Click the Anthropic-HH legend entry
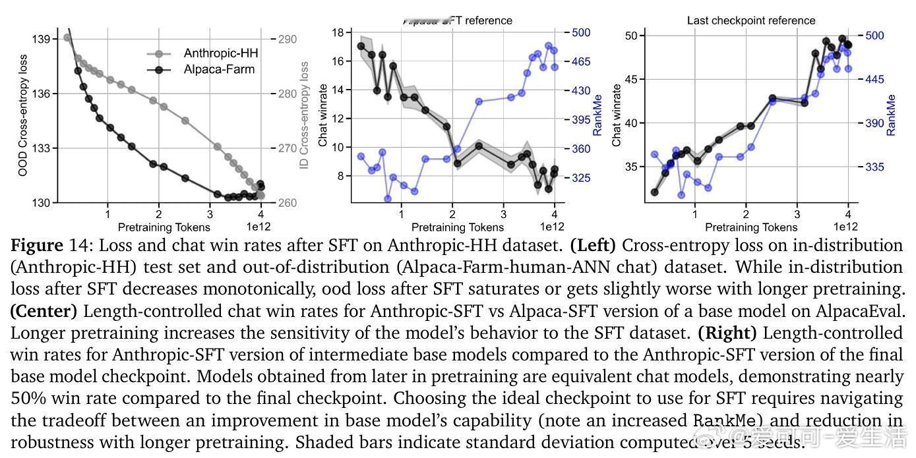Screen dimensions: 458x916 click(220, 53)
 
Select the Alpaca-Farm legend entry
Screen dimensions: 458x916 click(219, 69)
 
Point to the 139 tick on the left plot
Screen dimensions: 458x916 click(41, 39)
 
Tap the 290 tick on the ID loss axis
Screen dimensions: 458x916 click(287, 39)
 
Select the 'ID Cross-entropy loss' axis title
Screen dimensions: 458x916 click(305, 116)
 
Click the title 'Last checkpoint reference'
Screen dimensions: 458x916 click(751, 20)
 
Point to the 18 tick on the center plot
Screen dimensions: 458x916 click(337, 32)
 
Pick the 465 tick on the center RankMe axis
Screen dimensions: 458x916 click(580, 62)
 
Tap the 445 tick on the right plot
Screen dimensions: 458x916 click(874, 80)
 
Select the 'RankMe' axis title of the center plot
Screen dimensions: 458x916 click(598, 115)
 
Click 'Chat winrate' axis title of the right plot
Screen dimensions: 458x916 click(617, 115)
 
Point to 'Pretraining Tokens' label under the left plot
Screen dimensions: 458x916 click(164, 228)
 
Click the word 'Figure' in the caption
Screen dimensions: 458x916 click(38, 246)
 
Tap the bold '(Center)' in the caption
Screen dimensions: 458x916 click(44, 310)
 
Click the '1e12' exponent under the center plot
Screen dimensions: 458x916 click(551, 227)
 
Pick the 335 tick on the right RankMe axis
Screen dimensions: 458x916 click(874, 167)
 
